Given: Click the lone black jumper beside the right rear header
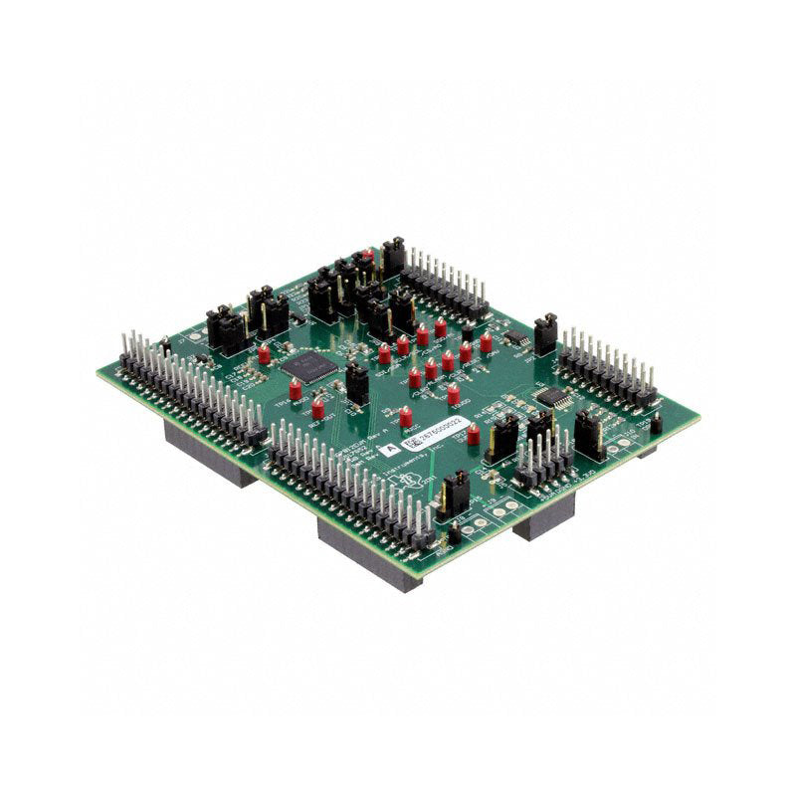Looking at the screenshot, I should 545,334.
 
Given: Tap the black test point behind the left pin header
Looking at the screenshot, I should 165,346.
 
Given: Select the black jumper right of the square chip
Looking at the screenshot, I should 355,383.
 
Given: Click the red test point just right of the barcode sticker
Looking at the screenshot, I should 474,434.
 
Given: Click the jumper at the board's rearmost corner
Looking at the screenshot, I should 393,256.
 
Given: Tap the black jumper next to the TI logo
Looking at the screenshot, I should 456,493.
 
